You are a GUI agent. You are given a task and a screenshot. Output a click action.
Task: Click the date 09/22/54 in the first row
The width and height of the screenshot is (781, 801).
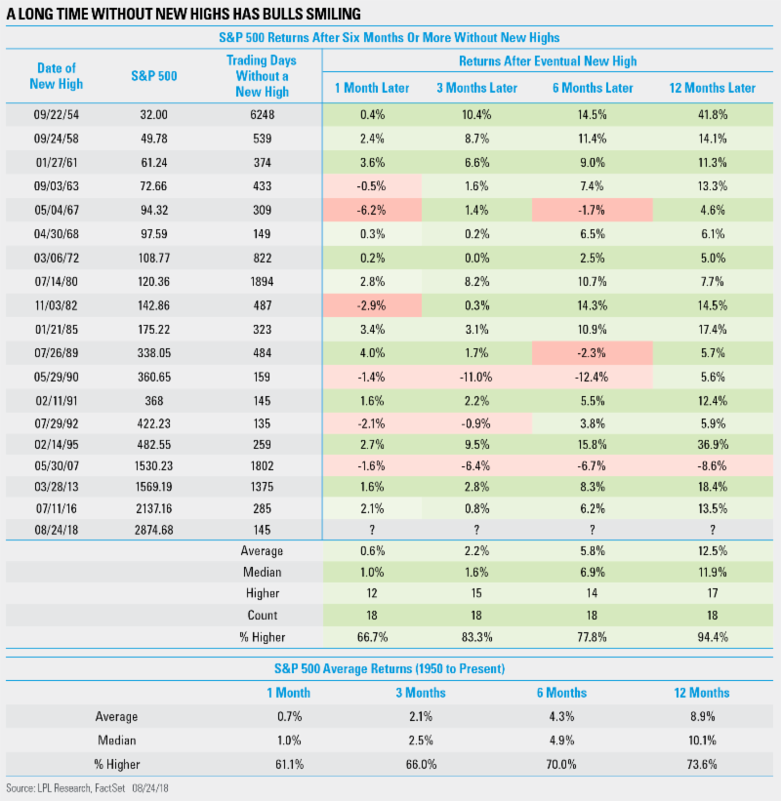point(56,113)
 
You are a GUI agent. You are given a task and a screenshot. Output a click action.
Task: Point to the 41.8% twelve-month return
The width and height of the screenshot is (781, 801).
point(712,113)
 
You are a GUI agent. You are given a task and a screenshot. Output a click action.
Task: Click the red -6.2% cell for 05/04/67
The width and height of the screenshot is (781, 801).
point(372,209)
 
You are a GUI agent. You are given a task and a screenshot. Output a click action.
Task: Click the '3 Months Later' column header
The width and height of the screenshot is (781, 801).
point(477,88)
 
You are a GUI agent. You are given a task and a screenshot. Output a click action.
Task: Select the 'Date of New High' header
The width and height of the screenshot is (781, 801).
point(57,75)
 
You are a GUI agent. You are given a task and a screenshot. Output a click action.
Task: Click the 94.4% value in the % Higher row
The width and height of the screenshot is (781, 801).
point(712,637)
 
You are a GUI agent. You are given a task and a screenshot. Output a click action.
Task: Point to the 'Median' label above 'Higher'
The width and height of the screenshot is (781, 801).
point(261,572)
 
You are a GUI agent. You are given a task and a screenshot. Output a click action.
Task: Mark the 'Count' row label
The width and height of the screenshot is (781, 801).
point(263,615)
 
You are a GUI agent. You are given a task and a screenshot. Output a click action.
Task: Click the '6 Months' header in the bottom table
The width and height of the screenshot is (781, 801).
point(559,693)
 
